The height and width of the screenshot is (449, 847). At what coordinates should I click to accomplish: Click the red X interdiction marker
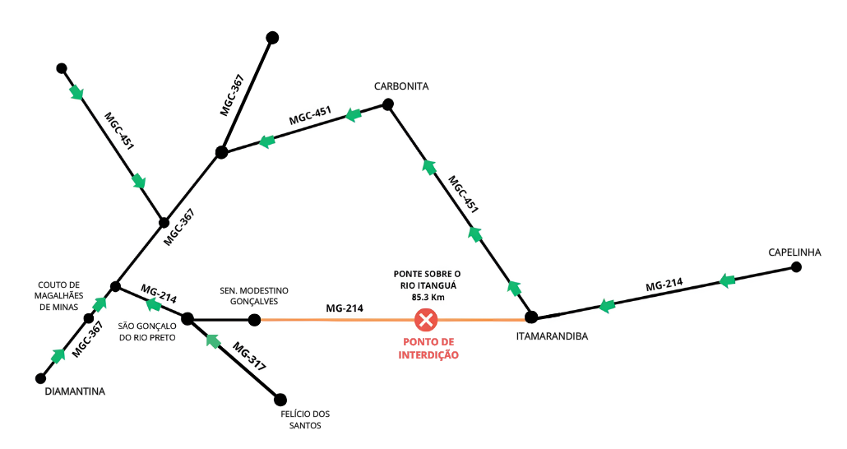pos(426,319)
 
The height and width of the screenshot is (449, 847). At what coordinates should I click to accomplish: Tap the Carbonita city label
pos(401,86)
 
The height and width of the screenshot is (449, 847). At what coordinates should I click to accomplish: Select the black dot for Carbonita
pos(388,104)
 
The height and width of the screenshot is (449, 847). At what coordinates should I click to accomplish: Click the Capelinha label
pos(794,252)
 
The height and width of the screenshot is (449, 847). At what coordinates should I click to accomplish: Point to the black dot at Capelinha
pos(795,267)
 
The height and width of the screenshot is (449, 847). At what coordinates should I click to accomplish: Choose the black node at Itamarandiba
pos(531,317)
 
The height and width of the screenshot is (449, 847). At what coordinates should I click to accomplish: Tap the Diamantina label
pos(75,392)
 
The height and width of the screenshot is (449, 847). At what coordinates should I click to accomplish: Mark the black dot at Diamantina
pos(39,378)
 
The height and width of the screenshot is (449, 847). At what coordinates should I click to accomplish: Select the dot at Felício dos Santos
pos(280,399)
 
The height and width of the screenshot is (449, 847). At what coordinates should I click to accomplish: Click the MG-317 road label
pos(249,356)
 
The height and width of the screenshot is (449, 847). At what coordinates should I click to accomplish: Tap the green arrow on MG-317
pos(213,340)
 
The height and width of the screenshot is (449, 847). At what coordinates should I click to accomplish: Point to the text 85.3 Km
pos(427,297)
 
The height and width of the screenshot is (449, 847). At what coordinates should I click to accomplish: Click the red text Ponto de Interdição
pos(426,349)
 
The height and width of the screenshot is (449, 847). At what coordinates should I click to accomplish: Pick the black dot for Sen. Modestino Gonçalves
pos(255,319)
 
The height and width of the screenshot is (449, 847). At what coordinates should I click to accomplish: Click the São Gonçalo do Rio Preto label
pos(147,331)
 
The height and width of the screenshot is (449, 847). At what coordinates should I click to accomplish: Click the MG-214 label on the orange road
pos(345,308)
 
